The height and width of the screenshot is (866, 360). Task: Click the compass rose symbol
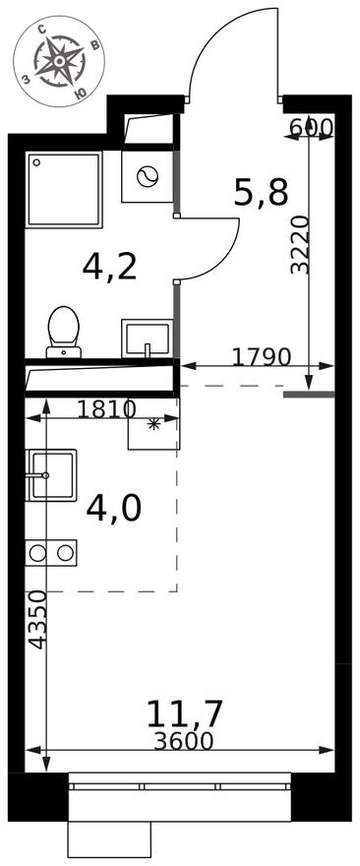(x=59, y=61)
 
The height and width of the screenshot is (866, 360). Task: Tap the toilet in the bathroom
(x=64, y=332)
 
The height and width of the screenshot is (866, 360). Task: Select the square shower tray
(x=64, y=189)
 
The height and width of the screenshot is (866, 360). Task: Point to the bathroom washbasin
(x=147, y=338)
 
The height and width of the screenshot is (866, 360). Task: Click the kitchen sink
(x=51, y=475)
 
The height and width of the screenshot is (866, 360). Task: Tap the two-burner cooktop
(x=51, y=553)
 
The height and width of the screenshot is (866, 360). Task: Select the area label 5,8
(x=261, y=193)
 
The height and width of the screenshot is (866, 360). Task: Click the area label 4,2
(x=109, y=267)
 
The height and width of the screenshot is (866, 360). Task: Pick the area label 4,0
(x=114, y=508)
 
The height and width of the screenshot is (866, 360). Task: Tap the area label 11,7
(x=184, y=713)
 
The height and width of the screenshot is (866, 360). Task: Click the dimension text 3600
(x=184, y=741)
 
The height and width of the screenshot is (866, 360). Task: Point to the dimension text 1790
(x=261, y=358)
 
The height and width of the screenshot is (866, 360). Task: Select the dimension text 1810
(x=106, y=409)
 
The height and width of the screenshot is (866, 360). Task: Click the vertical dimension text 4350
(x=37, y=619)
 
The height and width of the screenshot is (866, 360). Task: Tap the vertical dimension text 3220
(x=300, y=246)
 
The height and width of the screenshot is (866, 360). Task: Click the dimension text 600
(x=311, y=128)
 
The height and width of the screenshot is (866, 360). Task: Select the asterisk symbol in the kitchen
(x=154, y=424)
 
